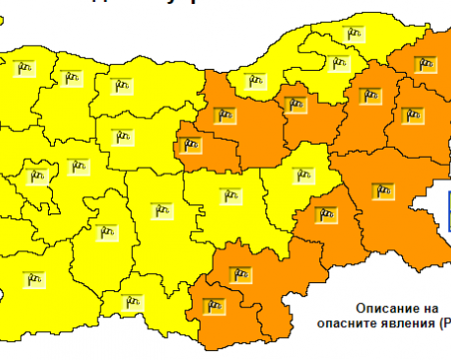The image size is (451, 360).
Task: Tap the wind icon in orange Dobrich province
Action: pyautogui.click(x=428, y=65)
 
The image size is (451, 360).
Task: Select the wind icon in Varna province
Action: pyautogui.click(x=411, y=115)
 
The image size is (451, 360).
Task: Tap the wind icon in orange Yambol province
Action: pyautogui.click(x=325, y=211)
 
